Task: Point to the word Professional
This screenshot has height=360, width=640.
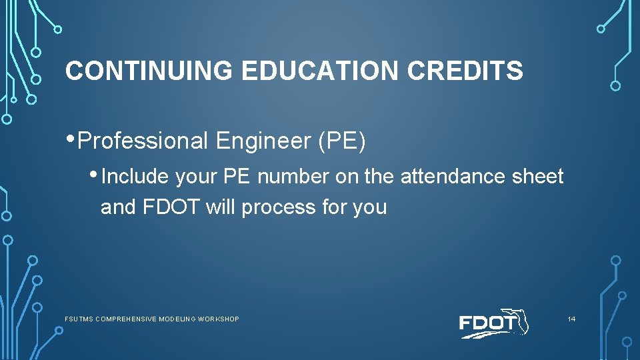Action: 143,141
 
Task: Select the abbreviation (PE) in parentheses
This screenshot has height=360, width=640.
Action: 342,141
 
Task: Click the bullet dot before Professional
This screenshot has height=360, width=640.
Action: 71,138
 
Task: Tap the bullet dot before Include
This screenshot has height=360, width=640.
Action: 95,175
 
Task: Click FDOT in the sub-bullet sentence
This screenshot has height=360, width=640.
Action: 171,207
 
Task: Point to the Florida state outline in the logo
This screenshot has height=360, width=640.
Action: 517,321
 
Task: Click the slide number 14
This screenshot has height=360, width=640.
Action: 571,319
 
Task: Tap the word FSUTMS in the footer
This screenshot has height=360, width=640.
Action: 79,319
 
